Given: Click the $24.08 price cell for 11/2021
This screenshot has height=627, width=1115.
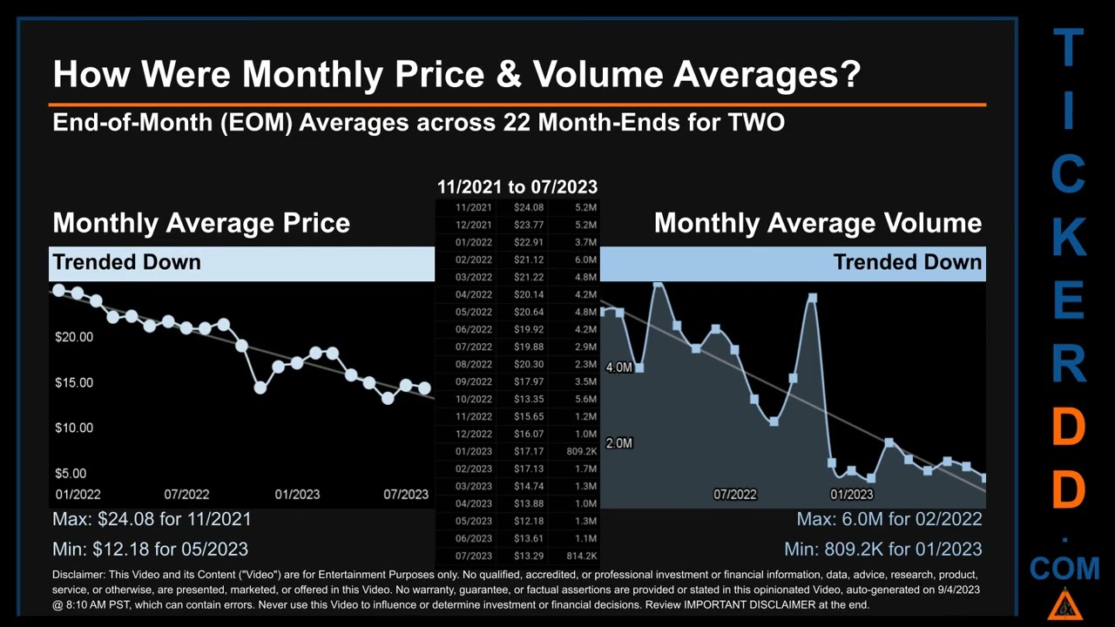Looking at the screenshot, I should click(x=528, y=207).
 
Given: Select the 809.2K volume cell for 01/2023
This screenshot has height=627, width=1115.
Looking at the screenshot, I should click(x=581, y=451).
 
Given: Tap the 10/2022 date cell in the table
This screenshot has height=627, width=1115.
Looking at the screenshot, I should click(x=474, y=399).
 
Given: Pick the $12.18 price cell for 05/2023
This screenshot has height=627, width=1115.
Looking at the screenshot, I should click(x=528, y=521).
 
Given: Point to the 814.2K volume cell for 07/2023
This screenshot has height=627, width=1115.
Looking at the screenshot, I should click(x=581, y=556).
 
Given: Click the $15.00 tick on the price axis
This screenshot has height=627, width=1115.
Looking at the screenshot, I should click(x=74, y=382).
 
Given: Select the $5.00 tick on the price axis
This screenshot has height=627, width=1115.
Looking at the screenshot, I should click(x=71, y=474).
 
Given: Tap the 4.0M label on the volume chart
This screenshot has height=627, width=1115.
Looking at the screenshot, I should click(x=618, y=367).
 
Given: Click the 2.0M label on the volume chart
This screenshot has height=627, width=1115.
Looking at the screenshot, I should click(x=618, y=443).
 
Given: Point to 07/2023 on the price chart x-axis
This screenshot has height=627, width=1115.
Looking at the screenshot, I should click(x=406, y=494).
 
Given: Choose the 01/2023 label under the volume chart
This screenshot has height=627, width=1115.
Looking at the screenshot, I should click(x=851, y=494).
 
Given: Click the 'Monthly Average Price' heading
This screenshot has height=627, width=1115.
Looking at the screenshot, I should click(x=201, y=223).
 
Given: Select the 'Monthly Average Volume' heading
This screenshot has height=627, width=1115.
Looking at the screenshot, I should click(x=817, y=223).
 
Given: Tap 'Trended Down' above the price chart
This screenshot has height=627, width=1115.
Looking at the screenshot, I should click(x=126, y=262).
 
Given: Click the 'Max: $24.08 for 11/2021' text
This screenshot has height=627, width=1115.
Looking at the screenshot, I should click(x=152, y=519).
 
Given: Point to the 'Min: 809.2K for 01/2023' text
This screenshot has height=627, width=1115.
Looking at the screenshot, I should click(x=882, y=549).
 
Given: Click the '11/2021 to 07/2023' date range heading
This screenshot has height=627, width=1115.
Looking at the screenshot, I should click(x=517, y=186).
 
